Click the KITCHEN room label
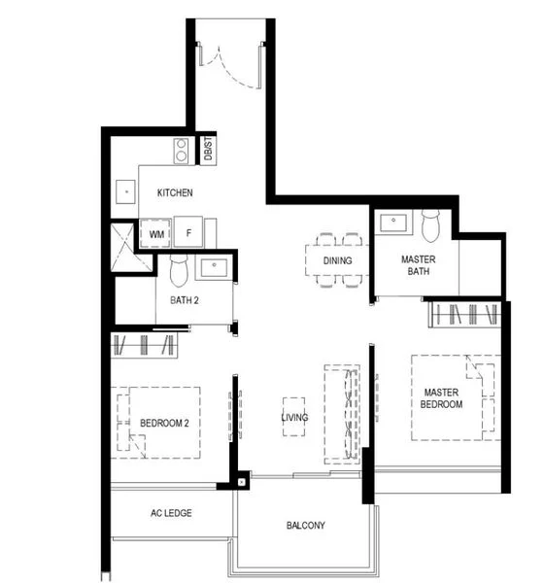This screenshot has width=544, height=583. click(x=175, y=192)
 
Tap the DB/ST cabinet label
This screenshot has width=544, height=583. click(x=208, y=150)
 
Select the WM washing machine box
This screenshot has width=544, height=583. click(x=156, y=234)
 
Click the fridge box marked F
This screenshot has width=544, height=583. click(x=190, y=234)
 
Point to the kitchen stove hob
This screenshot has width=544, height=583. click(x=181, y=150)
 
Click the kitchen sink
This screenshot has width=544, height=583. click(x=124, y=192)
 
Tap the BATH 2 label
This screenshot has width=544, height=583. click(x=183, y=300)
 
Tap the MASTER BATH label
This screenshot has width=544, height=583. click(x=418, y=265)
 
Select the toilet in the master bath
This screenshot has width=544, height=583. click(x=432, y=225)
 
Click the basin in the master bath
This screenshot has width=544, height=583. click(x=394, y=223)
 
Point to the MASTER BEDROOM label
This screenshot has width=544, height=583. click(x=441, y=397)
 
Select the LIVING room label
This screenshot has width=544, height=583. click(x=294, y=418)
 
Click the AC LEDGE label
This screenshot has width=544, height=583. click(x=169, y=513)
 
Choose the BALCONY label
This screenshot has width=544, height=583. click(x=305, y=526)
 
